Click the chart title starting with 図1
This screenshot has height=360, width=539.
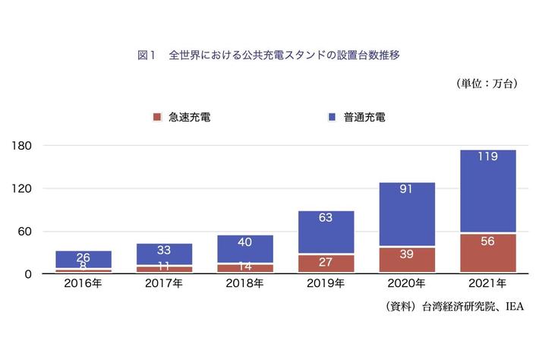pyautogui.click(x=269, y=55)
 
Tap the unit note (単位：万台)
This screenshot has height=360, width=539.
pyautogui.click(x=487, y=84)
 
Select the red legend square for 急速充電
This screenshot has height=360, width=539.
pyautogui.click(x=158, y=117)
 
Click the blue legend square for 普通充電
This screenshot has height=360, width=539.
pyautogui.click(x=332, y=117)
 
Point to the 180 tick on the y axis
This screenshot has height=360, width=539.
pyautogui.click(x=20, y=145)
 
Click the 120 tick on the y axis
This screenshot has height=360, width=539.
pyautogui.click(x=20, y=188)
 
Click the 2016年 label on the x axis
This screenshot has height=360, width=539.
pyautogui.click(x=84, y=284)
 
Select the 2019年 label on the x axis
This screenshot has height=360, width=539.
pyautogui.click(x=325, y=284)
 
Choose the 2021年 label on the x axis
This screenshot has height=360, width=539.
pyautogui.click(x=487, y=284)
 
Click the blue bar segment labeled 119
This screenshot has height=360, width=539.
pyautogui.click(x=487, y=190)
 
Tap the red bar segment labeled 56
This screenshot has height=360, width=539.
pyautogui.click(x=487, y=253)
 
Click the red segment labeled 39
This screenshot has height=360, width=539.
pyautogui.click(x=406, y=260)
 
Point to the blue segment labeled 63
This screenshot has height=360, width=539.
pyautogui.click(x=325, y=232)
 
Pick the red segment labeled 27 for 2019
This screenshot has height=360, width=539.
pyautogui.click(x=325, y=264)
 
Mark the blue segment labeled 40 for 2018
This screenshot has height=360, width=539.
pyautogui.click(x=244, y=248)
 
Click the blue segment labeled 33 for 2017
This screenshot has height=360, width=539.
pyautogui.click(x=164, y=254)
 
